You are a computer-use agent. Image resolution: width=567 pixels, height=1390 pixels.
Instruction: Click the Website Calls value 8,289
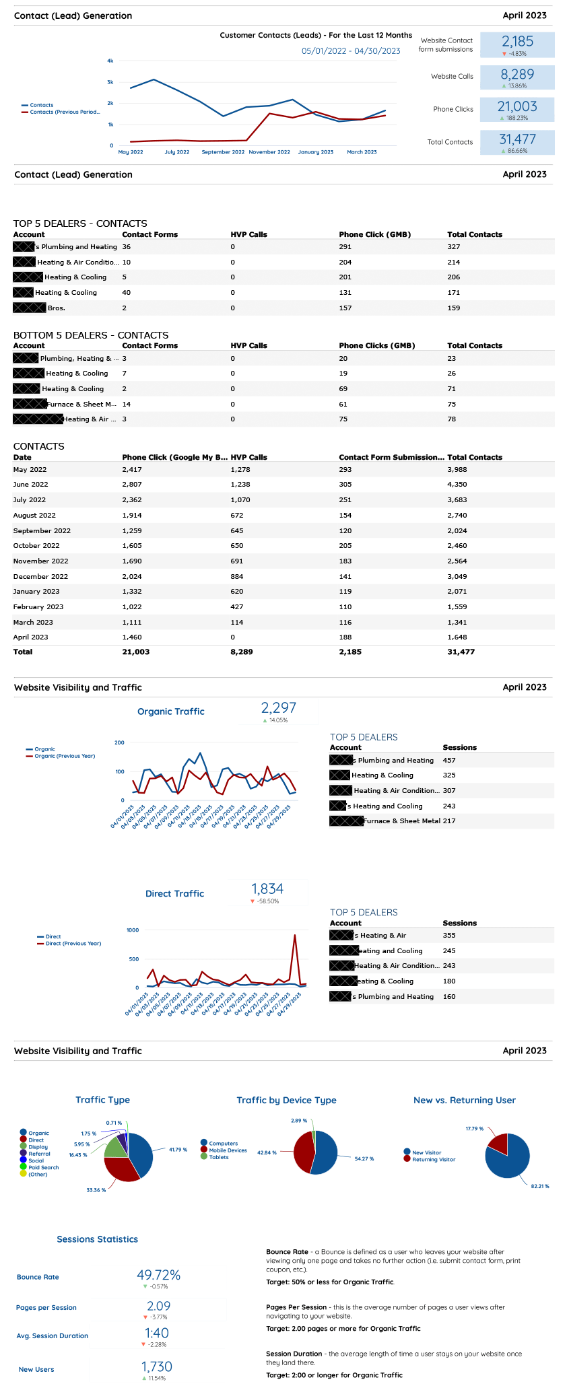coord(517,74)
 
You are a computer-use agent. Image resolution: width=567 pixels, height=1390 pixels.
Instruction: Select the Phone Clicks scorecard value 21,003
coord(517,106)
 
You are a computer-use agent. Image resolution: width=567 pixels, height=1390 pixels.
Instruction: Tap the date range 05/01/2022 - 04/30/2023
coord(351,51)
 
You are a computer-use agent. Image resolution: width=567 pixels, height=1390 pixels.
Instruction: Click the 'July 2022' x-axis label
coord(177,152)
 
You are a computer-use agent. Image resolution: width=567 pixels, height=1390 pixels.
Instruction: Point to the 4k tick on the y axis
coord(110,61)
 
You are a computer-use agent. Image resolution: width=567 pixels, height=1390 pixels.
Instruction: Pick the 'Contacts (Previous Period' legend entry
coord(65,112)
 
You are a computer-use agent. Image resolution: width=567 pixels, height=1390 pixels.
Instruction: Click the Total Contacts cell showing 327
coord(454,247)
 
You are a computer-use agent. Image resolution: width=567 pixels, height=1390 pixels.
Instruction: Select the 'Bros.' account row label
coord(57,308)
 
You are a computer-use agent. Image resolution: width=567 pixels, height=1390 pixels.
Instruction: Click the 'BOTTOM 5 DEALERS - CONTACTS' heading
coord(91,335)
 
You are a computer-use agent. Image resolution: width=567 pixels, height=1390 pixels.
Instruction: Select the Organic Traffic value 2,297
coord(279,707)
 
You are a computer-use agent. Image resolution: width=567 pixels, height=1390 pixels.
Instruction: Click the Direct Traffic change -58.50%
coord(267,901)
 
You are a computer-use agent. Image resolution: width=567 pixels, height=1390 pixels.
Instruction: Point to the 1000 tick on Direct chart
coord(133,930)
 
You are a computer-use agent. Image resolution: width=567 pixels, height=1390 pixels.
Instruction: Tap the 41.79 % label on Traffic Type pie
coord(178,1150)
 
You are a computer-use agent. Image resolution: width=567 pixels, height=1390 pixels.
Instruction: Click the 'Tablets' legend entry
coord(219,1157)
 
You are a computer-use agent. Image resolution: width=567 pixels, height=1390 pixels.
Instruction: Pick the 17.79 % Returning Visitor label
coord(474,1128)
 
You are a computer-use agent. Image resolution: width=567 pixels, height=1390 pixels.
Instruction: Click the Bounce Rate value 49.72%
coord(158,1275)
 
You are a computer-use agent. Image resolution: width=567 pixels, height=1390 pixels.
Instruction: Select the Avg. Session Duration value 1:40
coord(157,1333)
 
